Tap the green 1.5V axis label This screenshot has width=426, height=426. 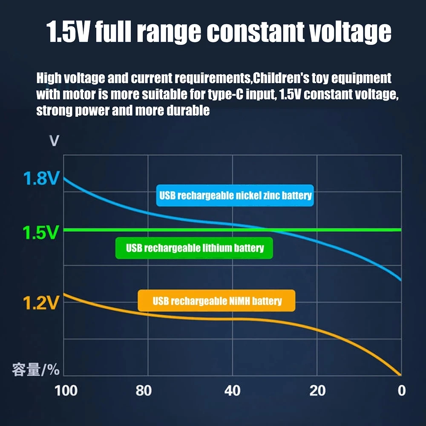pos(41,233)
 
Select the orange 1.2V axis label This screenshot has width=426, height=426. pos(41,303)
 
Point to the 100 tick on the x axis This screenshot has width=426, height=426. pos(66,391)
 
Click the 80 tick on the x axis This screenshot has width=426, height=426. pos(144,391)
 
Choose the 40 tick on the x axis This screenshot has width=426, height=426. pos(232,391)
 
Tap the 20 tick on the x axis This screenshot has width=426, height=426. pos(317,391)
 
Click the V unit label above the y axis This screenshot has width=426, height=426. pos(54,141)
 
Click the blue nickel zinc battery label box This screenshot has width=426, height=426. pos(235,196)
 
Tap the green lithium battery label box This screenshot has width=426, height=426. pos(195,248)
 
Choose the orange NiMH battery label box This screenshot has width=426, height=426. pos(217,301)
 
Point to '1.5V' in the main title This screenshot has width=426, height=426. pos(68,32)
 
